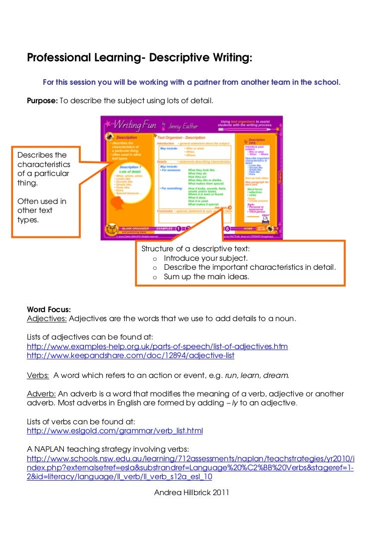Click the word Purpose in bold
click(42, 101)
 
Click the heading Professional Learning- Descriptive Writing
click(140, 58)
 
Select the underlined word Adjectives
click(47, 318)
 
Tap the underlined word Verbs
click(38, 374)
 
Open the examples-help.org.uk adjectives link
click(157, 347)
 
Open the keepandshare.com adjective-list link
click(130, 356)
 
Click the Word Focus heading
click(49, 309)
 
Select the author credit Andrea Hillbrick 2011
click(191, 492)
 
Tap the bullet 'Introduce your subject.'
click(205, 258)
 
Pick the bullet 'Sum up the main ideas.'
click(206, 277)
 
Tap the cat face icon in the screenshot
click(111, 229)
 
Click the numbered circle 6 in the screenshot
click(227, 229)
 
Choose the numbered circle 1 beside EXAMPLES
click(178, 229)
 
